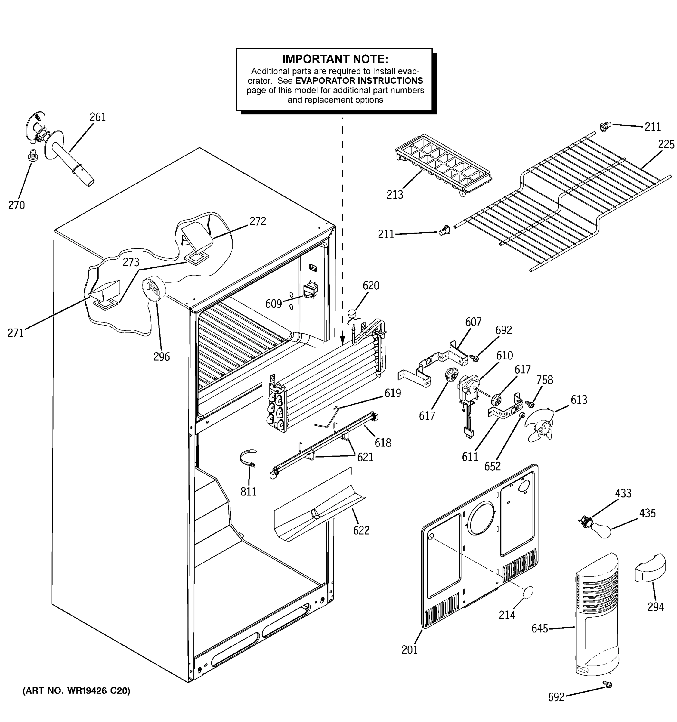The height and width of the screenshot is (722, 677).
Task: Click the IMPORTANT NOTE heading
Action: pyautogui.click(x=335, y=59)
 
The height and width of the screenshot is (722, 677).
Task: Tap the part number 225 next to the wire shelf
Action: pyautogui.click(x=666, y=144)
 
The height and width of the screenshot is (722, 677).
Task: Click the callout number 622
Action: pyautogui.click(x=361, y=530)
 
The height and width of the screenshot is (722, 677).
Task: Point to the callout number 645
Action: pyautogui.click(x=539, y=629)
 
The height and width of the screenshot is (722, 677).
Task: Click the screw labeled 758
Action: pyautogui.click(x=530, y=403)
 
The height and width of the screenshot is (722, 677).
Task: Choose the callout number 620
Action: pyautogui.click(x=370, y=286)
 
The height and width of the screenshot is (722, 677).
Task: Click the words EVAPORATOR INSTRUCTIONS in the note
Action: pyautogui.click(x=359, y=81)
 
